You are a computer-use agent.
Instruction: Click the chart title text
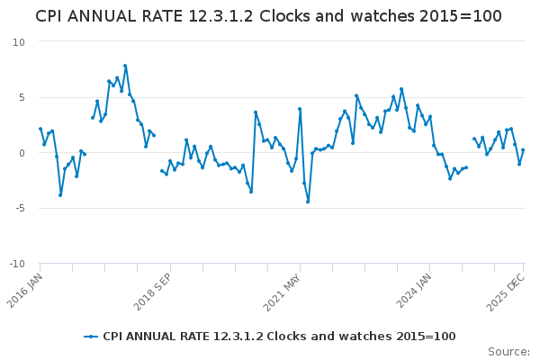(x=269, y=16)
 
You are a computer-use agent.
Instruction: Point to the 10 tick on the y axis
(x=19, y=42)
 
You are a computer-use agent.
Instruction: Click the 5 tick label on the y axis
(x=22, y=97)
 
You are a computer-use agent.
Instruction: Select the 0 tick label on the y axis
(x=22, y=153)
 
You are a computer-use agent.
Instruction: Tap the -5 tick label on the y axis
(x=20, y=208)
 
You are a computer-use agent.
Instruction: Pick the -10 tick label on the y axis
(x=17, y=264)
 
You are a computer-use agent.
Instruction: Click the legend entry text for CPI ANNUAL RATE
(x=279, y=337)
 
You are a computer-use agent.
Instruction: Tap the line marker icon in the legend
(x=91, y=337)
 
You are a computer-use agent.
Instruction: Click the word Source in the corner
(x=508, y=352)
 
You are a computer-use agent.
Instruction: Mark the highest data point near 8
(x=125, y=66)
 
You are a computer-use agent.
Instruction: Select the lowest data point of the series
(x=308, y=202)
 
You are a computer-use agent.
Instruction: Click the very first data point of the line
(x=40, y=129)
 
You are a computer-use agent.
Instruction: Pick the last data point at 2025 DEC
(x=523, y=150)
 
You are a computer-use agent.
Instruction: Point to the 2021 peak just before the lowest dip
(x=300, y=109)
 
